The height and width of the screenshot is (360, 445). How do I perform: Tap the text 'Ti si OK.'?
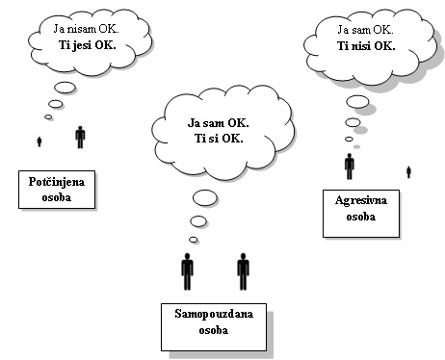(x=218, y=138)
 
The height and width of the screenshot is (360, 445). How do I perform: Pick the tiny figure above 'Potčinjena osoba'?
(x=39, y=141)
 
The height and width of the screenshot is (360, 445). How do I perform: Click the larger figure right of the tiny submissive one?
(x=80, y=137)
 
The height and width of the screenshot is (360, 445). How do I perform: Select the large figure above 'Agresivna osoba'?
(x=349, y=166)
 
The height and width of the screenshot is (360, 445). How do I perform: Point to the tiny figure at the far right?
(x=408, y=171)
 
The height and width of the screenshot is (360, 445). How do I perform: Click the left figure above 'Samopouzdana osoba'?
(x=187, y=271)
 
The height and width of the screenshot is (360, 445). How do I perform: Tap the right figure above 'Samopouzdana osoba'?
(x=243, y=271)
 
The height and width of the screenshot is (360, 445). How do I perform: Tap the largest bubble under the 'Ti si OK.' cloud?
(x=204, y=199)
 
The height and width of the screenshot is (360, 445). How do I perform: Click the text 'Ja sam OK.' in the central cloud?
(x=218, y=123)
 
